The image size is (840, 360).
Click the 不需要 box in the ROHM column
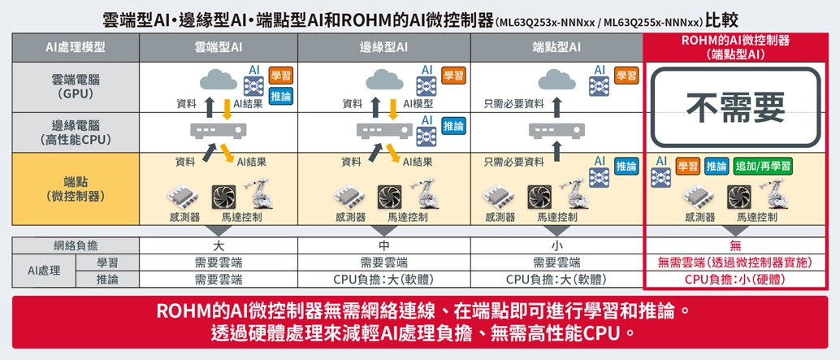point(736,106)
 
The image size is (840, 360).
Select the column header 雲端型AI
point(219,48)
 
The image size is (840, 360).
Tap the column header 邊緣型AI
point(384,48)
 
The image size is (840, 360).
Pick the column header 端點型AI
point(556,48)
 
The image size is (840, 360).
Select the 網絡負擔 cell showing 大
point(219,245)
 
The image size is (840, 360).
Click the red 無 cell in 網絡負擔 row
point(736,245)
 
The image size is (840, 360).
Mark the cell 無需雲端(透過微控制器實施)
point(736,262)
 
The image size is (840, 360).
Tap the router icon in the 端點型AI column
point(556,129)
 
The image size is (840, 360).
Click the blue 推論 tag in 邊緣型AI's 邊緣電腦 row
point(453,126)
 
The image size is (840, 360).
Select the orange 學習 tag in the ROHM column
point(687,167)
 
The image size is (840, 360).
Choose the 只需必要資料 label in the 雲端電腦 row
point(513,103)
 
